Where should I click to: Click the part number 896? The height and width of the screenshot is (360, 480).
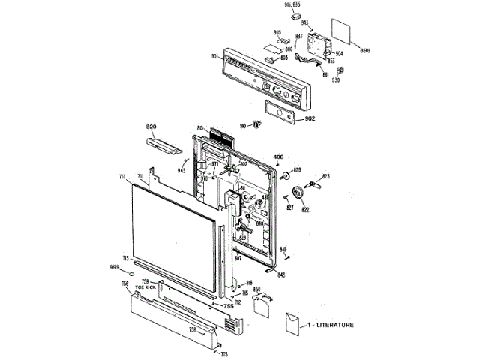tap(365, 50)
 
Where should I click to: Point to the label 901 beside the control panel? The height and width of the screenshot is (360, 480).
tap(214, 57)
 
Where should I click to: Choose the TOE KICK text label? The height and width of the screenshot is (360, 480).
tap(145, 288)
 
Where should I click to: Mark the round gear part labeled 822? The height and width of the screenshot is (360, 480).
tap(301, 193)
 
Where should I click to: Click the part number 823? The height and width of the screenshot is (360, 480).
tap(326, 176)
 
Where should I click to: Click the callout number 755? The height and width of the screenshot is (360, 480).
tap(228, 306)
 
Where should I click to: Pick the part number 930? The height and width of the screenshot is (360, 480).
tap(336, 79)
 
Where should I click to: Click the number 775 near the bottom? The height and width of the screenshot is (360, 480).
tap(223, 354)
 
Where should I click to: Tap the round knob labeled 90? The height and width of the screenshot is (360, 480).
tap(255, 125)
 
